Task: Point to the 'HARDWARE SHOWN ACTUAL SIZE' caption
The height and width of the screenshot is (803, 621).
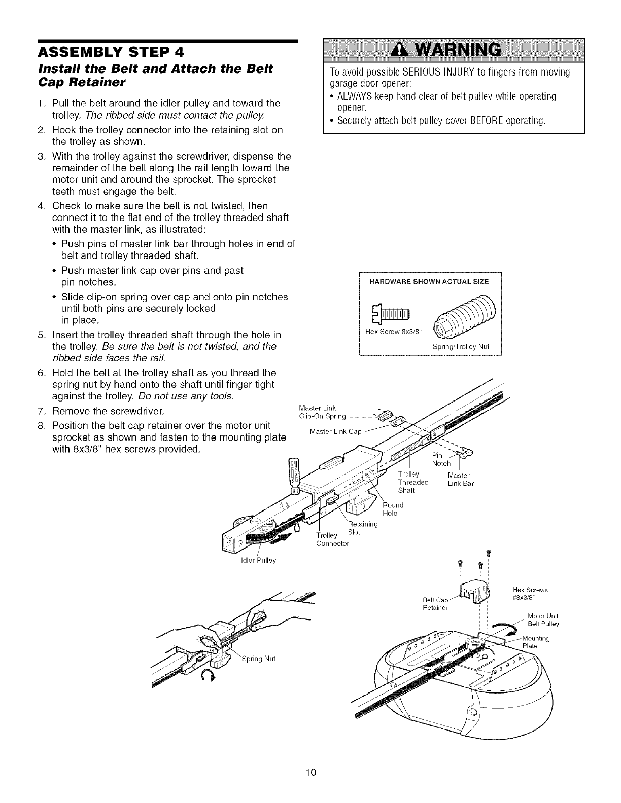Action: click(429, 282)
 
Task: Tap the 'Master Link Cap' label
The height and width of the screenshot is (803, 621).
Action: click(335, 431)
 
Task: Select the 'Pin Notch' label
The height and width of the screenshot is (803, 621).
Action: click(441, 459)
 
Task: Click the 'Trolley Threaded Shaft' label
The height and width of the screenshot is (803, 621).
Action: click(413, 482)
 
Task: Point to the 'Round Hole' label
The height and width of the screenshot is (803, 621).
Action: click(393, 509)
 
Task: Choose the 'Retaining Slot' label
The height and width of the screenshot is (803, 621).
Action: click(363, 528)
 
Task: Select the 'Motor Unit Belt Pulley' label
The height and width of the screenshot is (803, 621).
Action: click(543, 619)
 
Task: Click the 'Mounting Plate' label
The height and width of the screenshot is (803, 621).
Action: click(536, 642)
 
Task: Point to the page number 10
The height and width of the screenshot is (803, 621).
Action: click(311, 772)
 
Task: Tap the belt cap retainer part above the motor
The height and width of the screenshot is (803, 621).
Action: click(475, 591)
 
